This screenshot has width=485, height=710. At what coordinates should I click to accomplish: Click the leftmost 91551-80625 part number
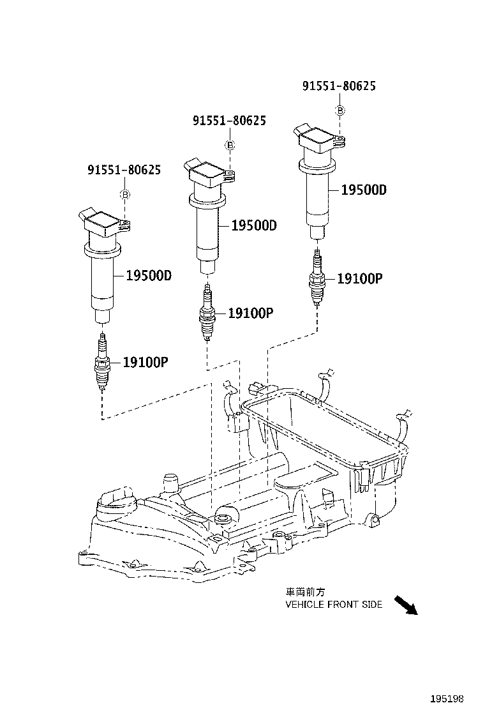(124, 170)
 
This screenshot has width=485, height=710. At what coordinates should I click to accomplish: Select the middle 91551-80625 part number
(229, 120)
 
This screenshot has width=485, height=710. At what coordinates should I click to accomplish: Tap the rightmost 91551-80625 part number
(339, 86)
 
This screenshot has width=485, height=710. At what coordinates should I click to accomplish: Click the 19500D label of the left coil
(148, 276)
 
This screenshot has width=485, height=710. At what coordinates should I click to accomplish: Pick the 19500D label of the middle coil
(254, 225)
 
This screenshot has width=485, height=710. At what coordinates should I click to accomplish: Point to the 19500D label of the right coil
(364, 190)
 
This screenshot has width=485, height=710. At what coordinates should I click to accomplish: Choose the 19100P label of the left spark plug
(145, 362)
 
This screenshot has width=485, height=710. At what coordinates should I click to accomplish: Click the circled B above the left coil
(126, 195)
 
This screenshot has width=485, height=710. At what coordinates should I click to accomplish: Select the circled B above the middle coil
(230, 146)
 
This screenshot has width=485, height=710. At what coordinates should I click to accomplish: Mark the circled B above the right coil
(340, 111)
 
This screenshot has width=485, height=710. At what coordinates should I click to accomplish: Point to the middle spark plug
(207, 313)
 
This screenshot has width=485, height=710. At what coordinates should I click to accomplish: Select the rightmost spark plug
(317, 278)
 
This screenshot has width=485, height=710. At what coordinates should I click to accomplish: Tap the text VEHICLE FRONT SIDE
(334, 604)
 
